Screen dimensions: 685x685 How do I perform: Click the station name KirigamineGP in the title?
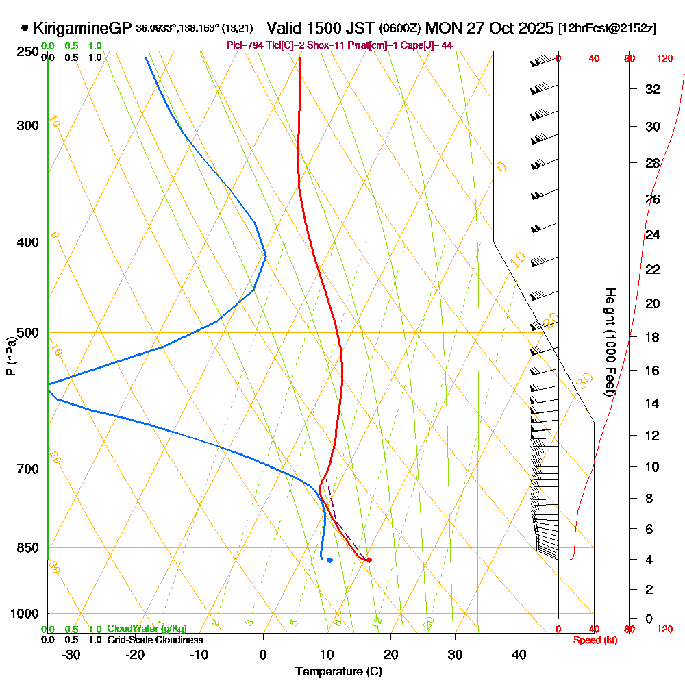(82, 28)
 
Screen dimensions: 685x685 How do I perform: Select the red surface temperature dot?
(369, 560)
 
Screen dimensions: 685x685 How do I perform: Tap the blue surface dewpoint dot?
(329, 560)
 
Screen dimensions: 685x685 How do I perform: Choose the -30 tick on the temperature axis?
(71, 654)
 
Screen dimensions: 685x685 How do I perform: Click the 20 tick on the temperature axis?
(391, 654)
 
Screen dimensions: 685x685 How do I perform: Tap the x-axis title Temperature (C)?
(338, 671)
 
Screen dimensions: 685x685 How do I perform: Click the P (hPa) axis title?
(10, 356)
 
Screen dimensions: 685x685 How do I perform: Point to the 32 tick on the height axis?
(653, 89)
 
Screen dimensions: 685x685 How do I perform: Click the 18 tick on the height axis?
(653, 337)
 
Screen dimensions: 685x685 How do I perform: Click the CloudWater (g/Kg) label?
(147, 629)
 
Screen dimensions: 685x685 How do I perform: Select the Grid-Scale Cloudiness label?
(154, 640)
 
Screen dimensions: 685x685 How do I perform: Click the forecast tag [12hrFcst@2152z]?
(608, 29)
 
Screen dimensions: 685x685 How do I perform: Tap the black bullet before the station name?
(25, 28)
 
